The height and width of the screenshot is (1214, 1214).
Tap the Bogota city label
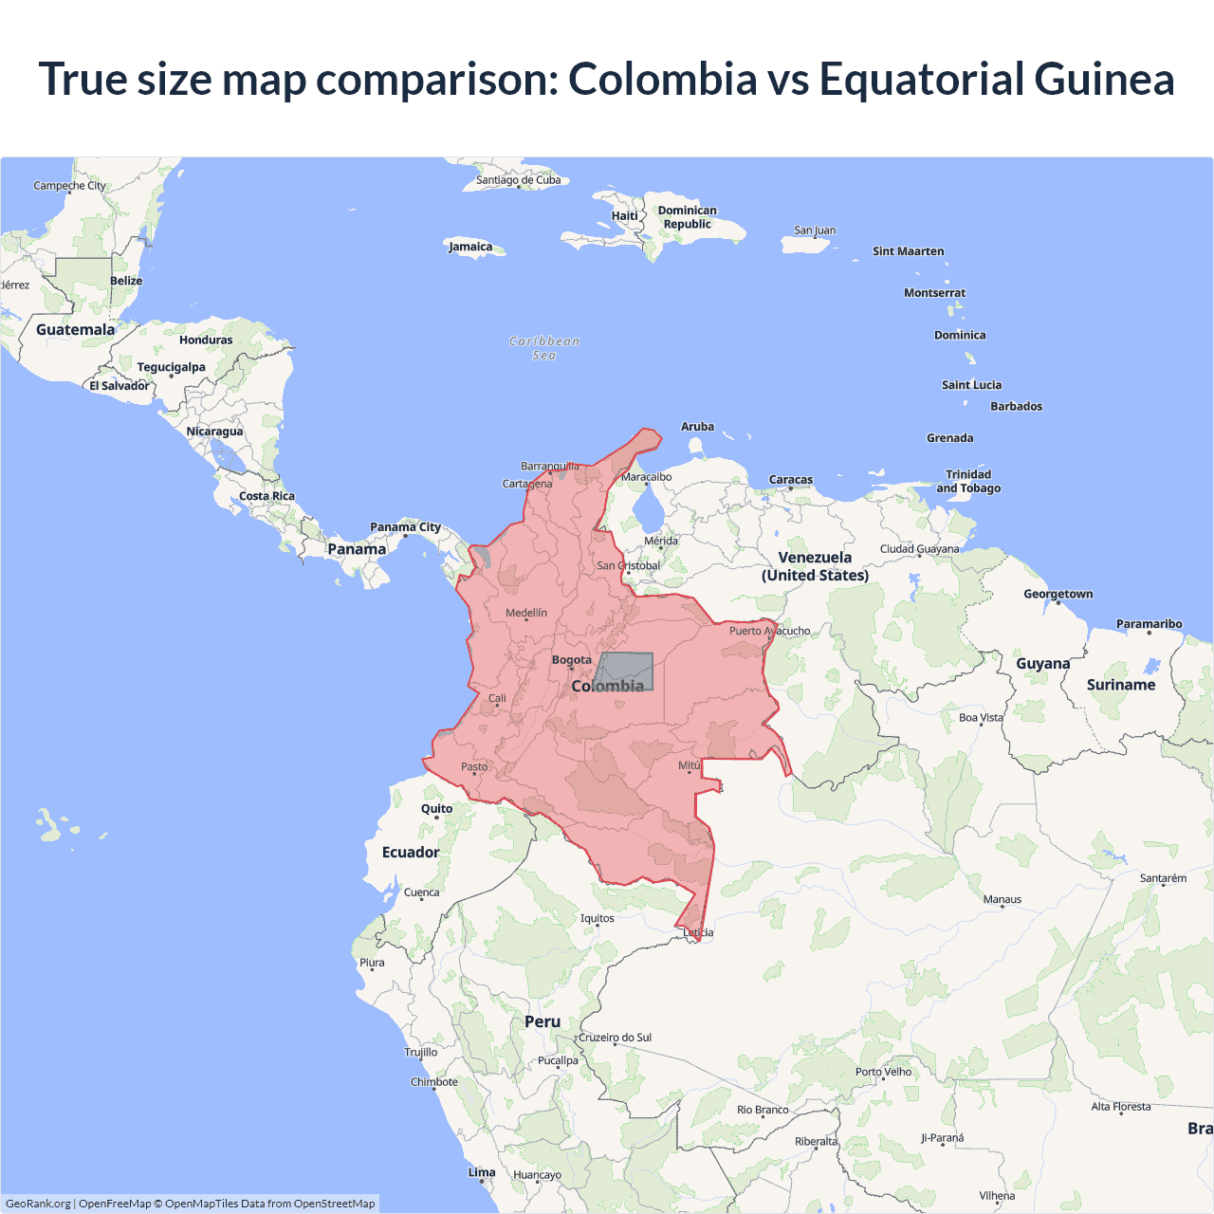(572, 660)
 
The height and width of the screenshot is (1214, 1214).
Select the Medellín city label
(526, 613)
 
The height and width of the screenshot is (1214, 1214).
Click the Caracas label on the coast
(791, 480)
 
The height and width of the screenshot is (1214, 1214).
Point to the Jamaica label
(470, 247)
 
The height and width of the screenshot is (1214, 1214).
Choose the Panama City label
(406, 527)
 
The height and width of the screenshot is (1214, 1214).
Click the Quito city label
(437, 809)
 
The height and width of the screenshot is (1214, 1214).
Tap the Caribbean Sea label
(544, 348)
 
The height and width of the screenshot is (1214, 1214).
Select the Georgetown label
(1058, 594)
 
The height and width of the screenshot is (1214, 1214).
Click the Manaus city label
(1002, 899)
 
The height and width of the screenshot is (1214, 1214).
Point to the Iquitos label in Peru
(598, 918)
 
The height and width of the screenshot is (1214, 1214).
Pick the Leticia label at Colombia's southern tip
(699, 932)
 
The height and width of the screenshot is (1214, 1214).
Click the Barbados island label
(1017, 406)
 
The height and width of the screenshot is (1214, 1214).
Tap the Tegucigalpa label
(172, 367)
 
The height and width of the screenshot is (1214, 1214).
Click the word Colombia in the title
(663, 79)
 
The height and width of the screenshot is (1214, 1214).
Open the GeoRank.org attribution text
(38, 1204)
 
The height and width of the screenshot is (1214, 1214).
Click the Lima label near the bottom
(482, 1172)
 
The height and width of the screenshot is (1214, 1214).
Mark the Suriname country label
(1121, 685)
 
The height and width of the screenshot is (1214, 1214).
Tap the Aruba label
(698, 427)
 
